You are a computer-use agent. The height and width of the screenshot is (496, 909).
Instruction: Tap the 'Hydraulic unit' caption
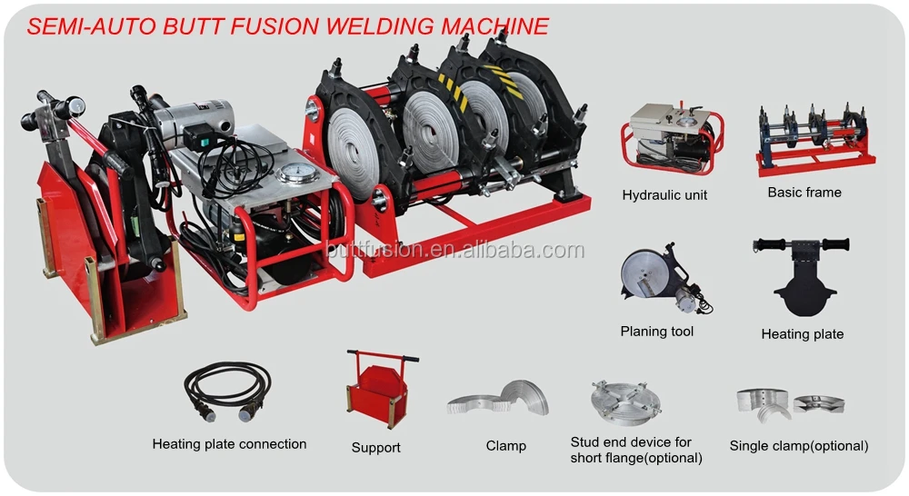pyautogui.click(x=664, y=194)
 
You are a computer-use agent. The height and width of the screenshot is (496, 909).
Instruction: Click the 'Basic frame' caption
pyautogui.click(x=804, y=192)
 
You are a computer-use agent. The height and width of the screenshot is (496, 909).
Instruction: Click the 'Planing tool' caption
pyautogui.click(x=656, y=332)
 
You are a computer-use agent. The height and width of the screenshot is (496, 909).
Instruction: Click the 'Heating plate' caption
pyautogui.click(x=802, y=334)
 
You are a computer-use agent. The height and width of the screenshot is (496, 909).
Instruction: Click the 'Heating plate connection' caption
pyautogui.click(x=229, y=444)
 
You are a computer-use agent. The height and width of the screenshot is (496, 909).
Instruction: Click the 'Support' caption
pyautogui.click(x=376, y=448)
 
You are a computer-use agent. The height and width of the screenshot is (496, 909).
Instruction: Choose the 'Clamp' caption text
pyautogui.click(x=505, y=446)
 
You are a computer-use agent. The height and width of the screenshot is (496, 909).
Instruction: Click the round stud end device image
pyautogui.click(x=625, y=400)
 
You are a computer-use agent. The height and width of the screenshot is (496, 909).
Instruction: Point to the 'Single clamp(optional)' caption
pyautogui.click(x=798, y=446)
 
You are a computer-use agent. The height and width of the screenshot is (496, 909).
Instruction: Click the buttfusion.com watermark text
pyautogui.click(x=454, y=251)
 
